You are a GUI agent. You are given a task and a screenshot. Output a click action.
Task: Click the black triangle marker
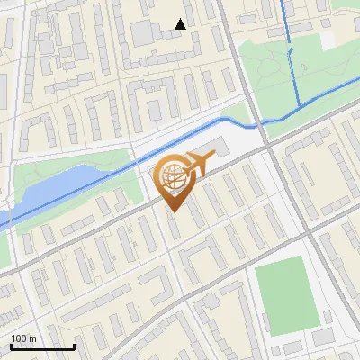[x=181, y=24]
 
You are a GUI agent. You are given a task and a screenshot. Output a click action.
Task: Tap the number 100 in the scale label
[x=19, y=338]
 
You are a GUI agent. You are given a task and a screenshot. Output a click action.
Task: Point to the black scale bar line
[x=42, y=346]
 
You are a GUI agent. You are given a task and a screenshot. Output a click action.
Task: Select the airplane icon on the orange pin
[x=199, y=164]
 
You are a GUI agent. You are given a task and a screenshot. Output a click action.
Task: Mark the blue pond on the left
[x=63, y=184]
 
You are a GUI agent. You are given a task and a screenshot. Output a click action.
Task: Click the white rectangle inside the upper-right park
[x=328, y=40]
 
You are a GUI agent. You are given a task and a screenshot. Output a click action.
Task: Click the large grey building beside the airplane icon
[x=223, y=149]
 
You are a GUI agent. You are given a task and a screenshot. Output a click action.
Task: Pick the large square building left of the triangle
[x=144, y=33]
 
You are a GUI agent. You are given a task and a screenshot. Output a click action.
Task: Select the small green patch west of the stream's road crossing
[x=236, y=112]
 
